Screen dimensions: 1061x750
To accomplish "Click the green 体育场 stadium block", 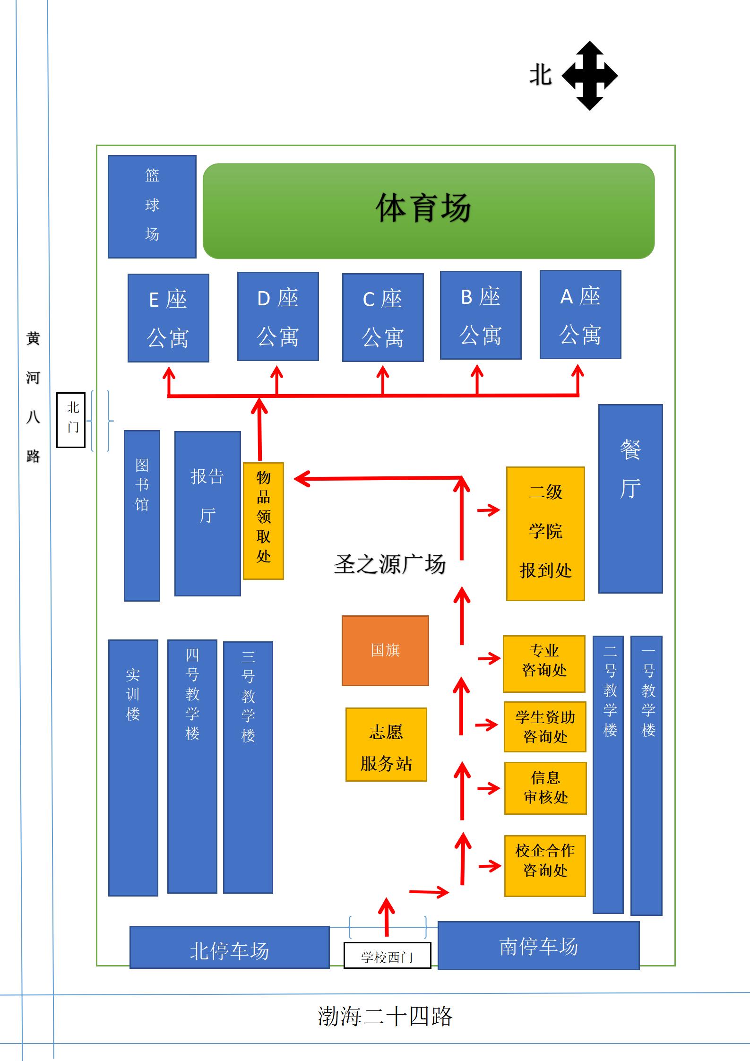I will tap(428, 211).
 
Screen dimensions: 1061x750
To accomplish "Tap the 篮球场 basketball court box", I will tap(152, 207).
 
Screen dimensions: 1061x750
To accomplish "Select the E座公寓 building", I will tap(168, 318).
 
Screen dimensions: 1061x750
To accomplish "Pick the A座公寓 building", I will tap(580, 314).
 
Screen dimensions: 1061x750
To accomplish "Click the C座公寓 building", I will tap(382, 317).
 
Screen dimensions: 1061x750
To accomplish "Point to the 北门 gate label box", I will tap(71, 420).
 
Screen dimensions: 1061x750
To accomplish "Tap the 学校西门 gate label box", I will tap(387, 955).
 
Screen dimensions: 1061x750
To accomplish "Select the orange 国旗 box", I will tap(385, 650).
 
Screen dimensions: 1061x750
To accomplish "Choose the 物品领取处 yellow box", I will tap(263, 520).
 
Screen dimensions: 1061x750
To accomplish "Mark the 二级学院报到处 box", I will tap(545, 534).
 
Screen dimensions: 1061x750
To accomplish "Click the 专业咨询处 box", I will tap(544, 664).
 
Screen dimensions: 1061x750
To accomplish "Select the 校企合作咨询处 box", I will tap(545, 865).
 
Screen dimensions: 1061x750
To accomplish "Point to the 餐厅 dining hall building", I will tap(630, 498).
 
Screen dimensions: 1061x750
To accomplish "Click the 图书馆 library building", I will tap(142, 515).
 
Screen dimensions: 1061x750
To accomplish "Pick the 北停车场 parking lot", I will tap(229, 950).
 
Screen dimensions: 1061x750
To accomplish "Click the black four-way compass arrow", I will tap(589, 76).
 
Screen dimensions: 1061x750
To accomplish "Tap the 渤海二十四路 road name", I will tap(385, 1016).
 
